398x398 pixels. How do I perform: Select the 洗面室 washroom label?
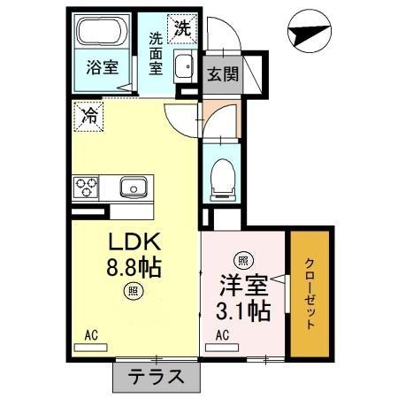(156, 53)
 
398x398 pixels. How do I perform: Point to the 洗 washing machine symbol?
(181, 27)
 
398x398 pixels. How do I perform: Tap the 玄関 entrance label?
(223, 74)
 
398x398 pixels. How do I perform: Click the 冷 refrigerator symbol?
(88, 114)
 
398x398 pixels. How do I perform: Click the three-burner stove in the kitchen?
(88, 188)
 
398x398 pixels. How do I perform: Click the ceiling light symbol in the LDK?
(131, 289)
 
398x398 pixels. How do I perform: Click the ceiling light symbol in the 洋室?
(241, 261)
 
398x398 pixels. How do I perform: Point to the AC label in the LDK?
(91, 334)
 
